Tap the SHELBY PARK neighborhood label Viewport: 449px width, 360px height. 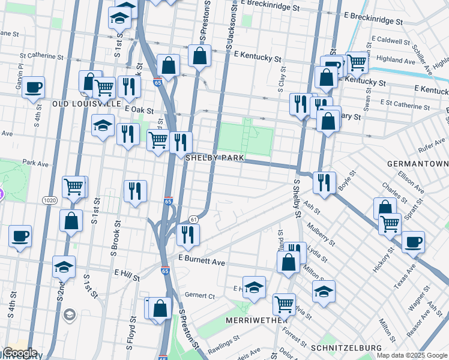(x=214, y=158)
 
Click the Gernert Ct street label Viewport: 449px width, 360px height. (x=200, y=296)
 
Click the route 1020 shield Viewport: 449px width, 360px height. (x=50, y=199)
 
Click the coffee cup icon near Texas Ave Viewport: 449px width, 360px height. (x=413, y=242)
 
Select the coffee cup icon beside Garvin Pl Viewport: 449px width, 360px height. (x=33, y=87)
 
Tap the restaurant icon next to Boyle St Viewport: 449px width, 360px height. (x=324, y=181)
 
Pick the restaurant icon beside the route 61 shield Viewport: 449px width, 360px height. (x=188, y=235)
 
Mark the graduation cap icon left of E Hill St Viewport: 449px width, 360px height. (x=64, y=266)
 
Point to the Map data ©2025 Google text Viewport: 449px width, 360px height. (x=411, y=355)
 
